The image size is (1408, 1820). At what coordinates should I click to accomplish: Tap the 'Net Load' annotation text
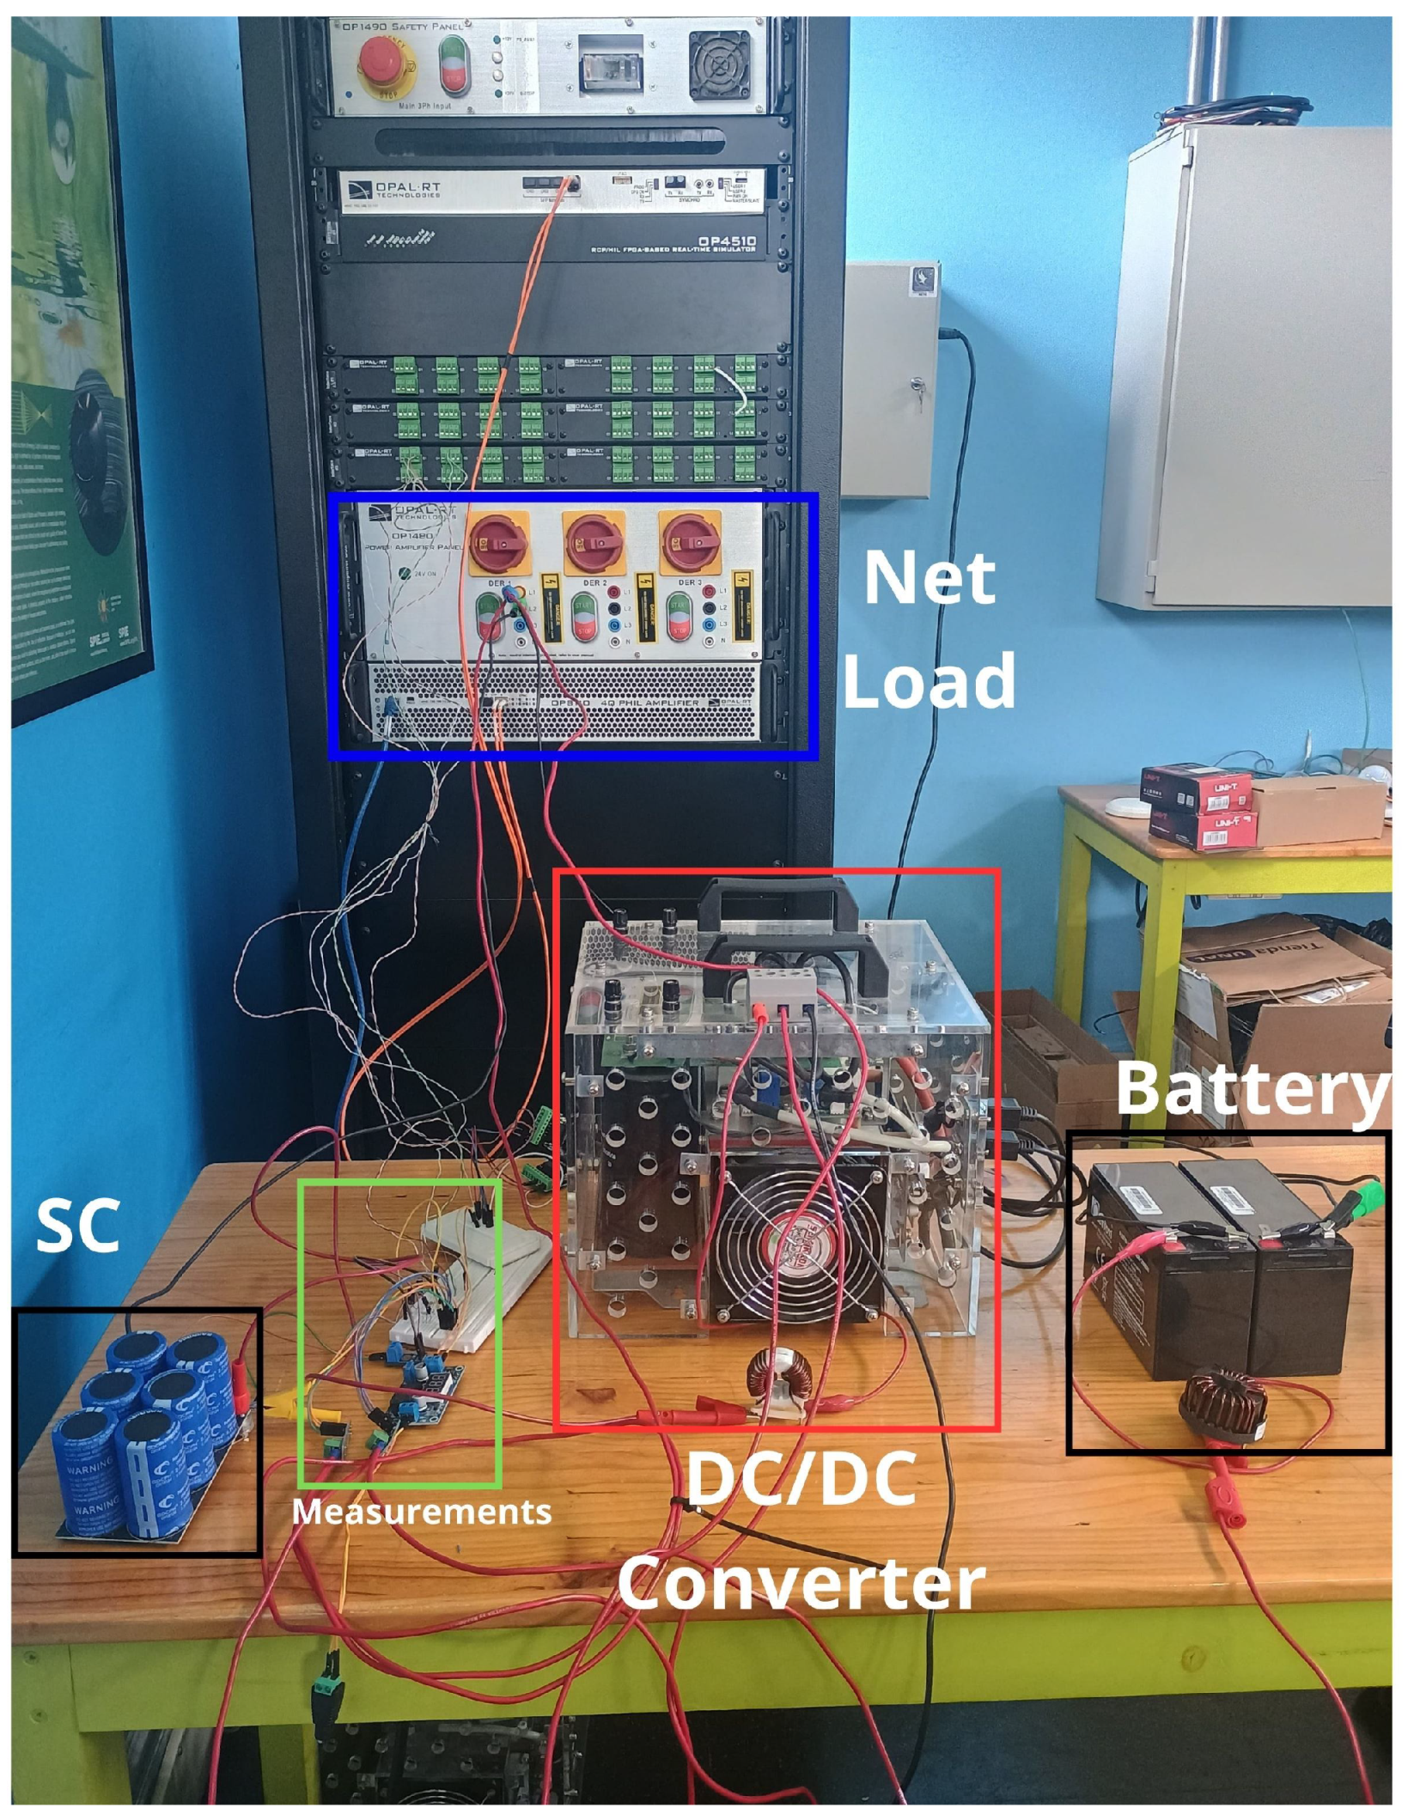[x=929, y=630]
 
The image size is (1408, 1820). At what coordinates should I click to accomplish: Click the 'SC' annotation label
[x=76, y=1226]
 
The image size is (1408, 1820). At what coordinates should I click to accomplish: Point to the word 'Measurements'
[x=421, y=1511]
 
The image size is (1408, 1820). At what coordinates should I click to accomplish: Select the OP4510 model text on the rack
[x=727, y=241]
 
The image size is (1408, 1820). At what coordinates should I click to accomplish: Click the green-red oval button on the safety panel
[x=454, y=64]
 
